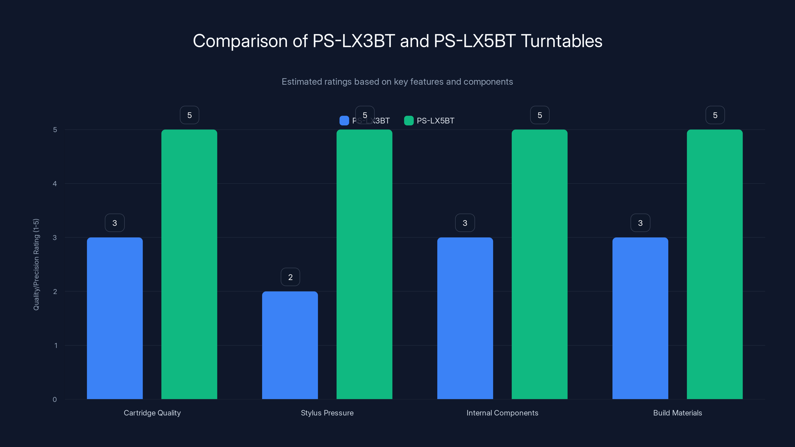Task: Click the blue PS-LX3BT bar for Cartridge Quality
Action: (115, 318)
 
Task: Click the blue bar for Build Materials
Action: (640, 318)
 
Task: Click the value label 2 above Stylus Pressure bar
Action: (290, 277)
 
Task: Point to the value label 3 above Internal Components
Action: (465, 223)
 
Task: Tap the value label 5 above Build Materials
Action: (715, 115)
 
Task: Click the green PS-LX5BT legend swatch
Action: (409, 121)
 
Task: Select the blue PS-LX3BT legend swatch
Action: (344, 121)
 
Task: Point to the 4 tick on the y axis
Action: (55, 184)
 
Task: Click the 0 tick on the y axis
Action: (55, 400)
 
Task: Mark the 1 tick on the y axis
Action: (56, 345)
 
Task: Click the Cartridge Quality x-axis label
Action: (152, 413)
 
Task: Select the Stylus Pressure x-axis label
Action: (327, 413)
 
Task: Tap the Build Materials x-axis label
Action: (677, 413)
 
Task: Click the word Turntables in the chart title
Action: (561, 41)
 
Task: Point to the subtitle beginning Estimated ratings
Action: (397, 82)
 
